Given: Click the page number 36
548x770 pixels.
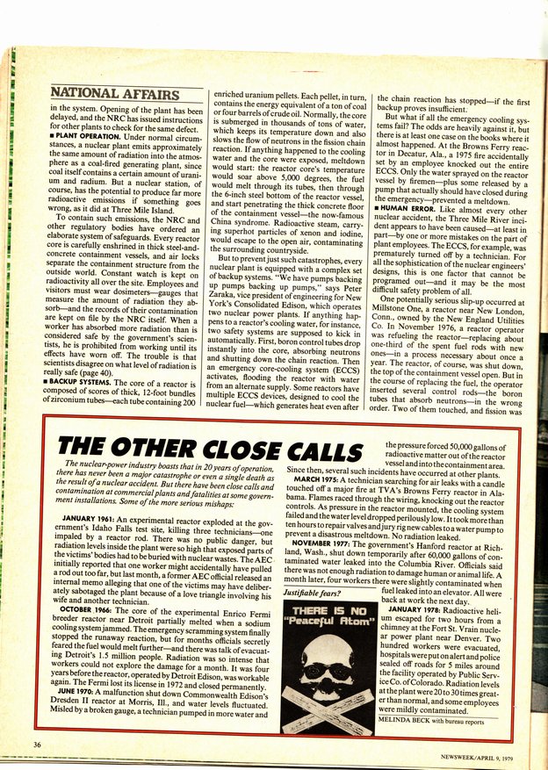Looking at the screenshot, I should (37, 745).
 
